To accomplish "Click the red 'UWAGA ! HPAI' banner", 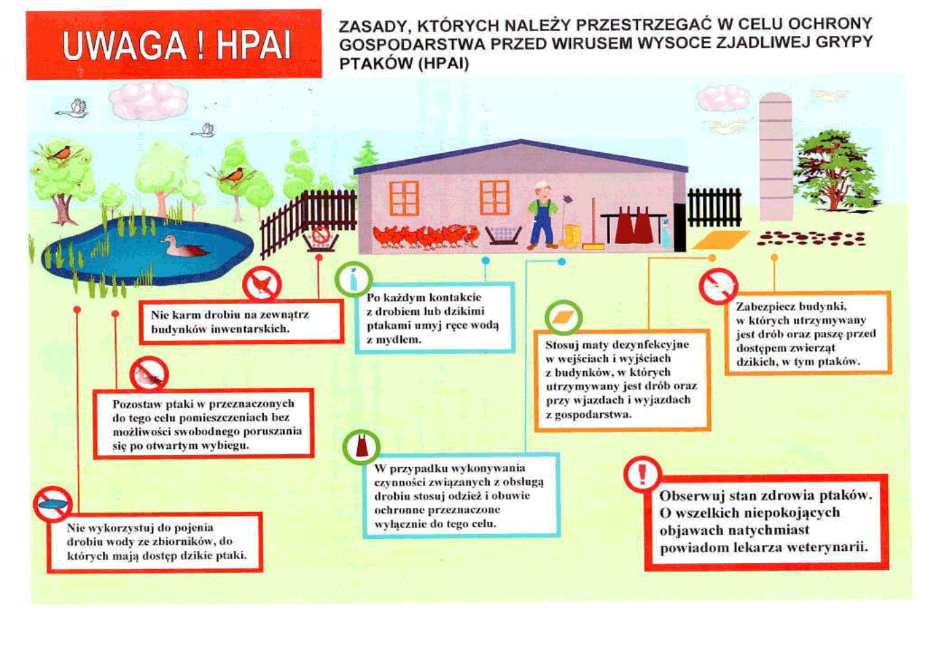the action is pyautogui.click(x=174, y=45).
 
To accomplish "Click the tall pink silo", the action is pyautogui.click(x=775, y=156).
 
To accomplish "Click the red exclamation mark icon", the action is pyautogui.click(x=642, y=474).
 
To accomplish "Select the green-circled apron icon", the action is pyautogui.click(x=361, y=447).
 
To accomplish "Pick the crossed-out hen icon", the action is pyautogui.click(x=262, y=285).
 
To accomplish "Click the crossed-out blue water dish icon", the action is pyautogui.click(x=53, y=504).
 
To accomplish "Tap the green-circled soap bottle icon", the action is pyautogui.click(x=353, y=279).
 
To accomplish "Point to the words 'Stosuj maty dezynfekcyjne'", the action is pyautogui.click(x=617, y=345).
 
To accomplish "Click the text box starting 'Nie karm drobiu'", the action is pyautogui.click(x=241, y=322).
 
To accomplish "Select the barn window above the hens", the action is pyautogui.click(x=405, y=198).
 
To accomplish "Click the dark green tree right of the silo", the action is pyautogui.click(x=835, y=171).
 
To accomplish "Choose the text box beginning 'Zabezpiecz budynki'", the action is pyautogui.click(x=808, y=333).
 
